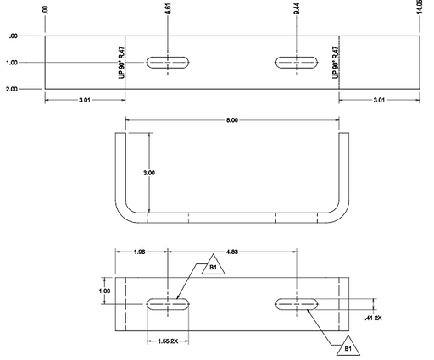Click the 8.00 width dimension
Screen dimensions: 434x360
coord(231,120)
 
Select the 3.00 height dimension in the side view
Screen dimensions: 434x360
coord(149,173)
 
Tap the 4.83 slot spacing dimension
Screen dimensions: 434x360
coord(231,252)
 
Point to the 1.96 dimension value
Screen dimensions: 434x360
coord(139,252)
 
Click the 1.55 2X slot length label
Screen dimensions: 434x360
coord(168,341)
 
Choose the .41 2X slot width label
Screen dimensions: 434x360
coord(373,318)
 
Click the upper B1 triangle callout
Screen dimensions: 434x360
coord(214,264)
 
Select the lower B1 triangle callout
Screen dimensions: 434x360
coord(348,346)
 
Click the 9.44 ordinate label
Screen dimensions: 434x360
coord(297,8)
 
